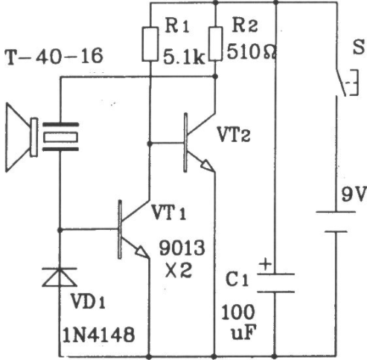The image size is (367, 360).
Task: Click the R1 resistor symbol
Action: point(150,44)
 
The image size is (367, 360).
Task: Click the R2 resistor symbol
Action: point(215,44)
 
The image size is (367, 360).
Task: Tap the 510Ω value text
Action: point(251,51)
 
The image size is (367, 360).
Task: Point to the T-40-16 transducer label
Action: point(54,57)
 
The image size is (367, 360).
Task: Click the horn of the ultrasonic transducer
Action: point(19,138)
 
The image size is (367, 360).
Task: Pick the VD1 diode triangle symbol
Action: point(60,277)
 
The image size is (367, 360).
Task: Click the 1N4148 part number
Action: point(99,335)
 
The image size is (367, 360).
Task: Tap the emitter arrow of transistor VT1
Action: point(142,251)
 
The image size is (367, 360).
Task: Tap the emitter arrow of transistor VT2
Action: point(207,165)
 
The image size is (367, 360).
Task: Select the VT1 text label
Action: point(169,213)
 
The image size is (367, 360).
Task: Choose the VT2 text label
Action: point(234,135)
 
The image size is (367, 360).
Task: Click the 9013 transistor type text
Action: point(182,248)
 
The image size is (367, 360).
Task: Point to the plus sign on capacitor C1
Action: point(265,264)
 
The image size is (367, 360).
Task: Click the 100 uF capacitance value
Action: point(238,322)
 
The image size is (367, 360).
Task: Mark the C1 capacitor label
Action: point(237,280)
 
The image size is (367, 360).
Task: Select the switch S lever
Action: point(341,83)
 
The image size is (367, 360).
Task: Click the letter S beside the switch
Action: point(359,47)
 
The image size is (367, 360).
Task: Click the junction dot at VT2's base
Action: point(150,144)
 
